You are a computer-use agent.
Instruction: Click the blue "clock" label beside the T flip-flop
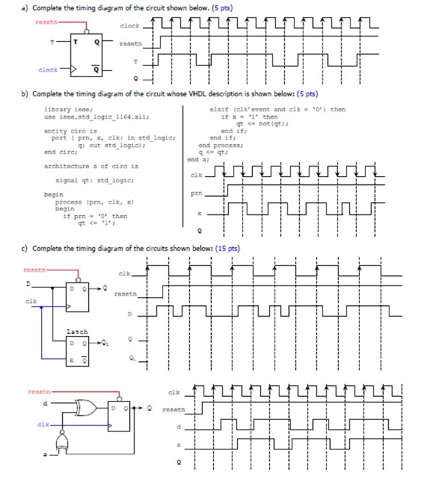point(48,70)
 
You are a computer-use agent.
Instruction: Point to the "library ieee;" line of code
point(65,110)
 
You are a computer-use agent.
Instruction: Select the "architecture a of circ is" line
point(91,166)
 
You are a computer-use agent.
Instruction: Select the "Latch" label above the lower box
point(77,331)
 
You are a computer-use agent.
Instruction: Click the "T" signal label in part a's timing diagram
point(136,60)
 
